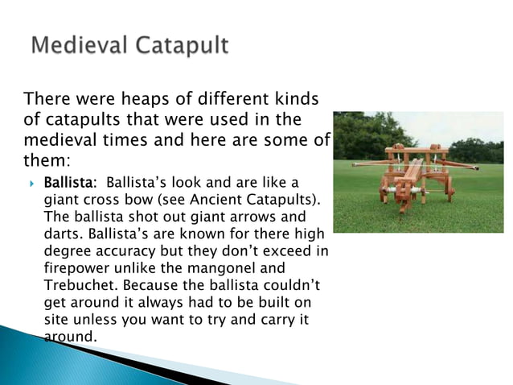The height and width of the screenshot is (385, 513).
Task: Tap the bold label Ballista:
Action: click(x=69, y=180)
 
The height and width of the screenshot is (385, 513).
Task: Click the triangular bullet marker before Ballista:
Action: click(x=30, y=180)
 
